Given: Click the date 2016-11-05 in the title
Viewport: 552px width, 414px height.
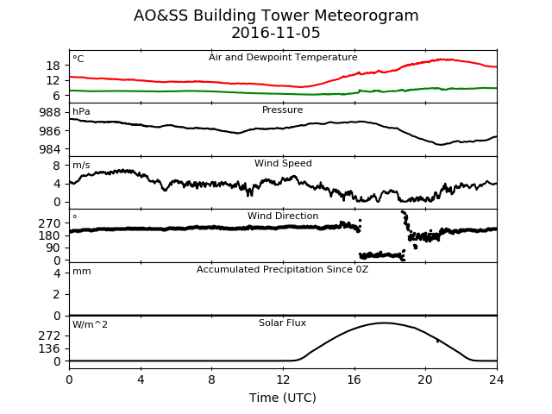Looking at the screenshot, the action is coord(276,33).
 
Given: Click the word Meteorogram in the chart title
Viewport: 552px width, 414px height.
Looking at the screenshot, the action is coord(366,16).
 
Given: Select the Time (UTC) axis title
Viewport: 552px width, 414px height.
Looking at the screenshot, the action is coord(283,398).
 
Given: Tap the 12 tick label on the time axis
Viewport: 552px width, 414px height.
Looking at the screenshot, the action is coord(283,379).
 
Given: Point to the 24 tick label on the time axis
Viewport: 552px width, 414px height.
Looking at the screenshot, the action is coord(497,379).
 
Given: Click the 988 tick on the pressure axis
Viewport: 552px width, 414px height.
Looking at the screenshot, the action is coord(50,113).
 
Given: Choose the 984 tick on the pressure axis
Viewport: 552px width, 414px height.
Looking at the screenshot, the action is coord(50,149).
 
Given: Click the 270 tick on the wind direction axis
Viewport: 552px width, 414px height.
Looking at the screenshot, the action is coord(50,223).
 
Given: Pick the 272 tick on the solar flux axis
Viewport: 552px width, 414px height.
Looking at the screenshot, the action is coord(50,336).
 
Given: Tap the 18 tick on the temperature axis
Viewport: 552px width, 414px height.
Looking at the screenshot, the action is coord(53,66).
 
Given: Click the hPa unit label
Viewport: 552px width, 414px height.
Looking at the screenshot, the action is coord(81,111).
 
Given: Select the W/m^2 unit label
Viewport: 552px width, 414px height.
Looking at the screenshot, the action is coord(90,324).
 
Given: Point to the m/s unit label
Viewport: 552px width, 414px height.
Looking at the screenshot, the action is coord(81,165).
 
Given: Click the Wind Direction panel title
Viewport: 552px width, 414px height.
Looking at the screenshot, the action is coord(283,216).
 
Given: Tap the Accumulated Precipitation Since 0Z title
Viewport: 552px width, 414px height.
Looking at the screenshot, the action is coord(282,269).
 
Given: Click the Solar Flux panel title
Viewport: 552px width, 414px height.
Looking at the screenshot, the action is coord(282,323).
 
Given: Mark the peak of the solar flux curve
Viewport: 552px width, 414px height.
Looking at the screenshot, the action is coord(384,323).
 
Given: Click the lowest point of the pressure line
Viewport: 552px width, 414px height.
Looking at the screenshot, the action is coord(440,144).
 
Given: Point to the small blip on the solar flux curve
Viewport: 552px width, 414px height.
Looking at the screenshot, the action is coord(437,341).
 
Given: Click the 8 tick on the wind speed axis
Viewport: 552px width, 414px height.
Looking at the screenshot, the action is coord(57,166).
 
